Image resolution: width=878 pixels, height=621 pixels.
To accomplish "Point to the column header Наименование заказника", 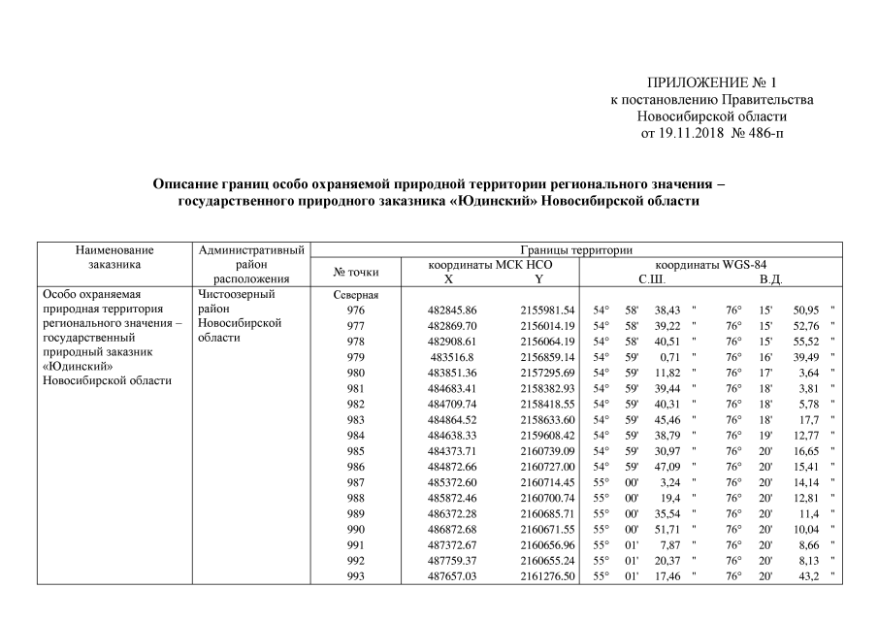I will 114,257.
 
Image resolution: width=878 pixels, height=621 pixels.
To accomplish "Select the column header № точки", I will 355,271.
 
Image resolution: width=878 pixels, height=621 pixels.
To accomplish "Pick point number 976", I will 356,310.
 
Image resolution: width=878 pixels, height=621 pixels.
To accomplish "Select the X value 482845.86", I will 452,310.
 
